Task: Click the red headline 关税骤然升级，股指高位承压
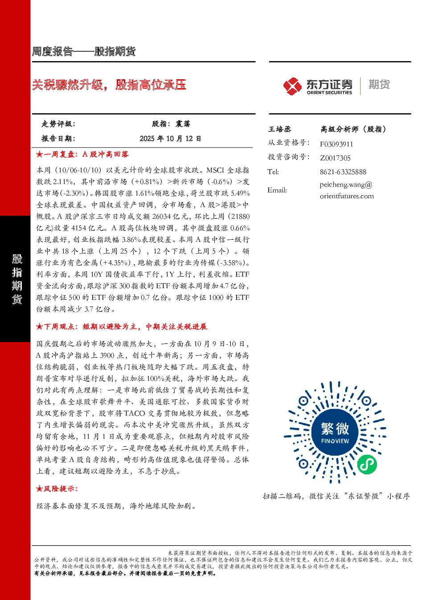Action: [109, 85]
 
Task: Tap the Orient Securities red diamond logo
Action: [293, 86]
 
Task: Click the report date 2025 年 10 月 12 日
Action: [170, 139]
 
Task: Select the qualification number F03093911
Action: [336, 144]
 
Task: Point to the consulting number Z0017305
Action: [335, 158]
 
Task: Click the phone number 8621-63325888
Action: [343, 172]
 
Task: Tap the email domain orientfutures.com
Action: [347, 196]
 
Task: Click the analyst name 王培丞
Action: [280, 129]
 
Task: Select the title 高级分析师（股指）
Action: [353, 129]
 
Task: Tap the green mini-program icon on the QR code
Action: [367, 465]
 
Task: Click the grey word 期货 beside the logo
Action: [379, 84]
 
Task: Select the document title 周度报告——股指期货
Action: [84, 51]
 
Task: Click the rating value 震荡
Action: [183, 124]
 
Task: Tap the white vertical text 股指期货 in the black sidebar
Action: [17, 279]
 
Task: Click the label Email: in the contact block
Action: [277, 190]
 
